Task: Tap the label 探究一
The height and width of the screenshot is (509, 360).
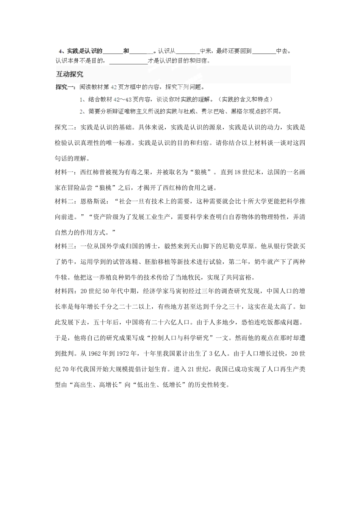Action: pos(64,87)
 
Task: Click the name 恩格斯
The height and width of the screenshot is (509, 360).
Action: pos(90,201)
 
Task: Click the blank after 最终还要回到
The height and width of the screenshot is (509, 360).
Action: pos(264,51)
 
